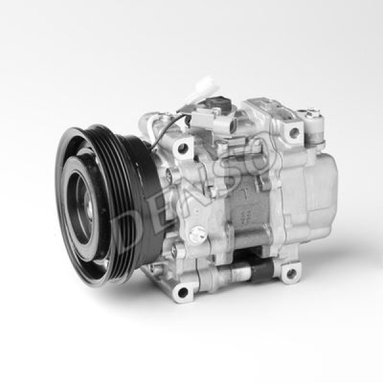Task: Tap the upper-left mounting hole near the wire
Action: coord(183,148)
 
